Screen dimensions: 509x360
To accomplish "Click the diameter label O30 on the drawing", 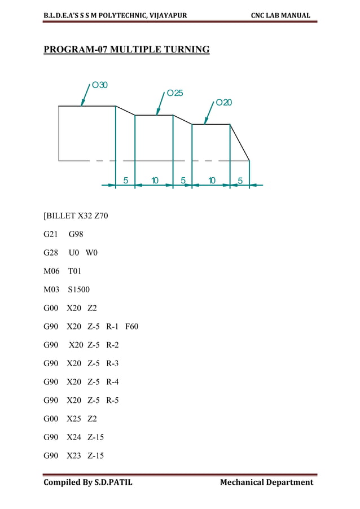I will pos(100,85).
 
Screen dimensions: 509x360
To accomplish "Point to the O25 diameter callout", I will pos(174,93).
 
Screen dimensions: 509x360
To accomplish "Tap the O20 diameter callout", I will pos(223,102).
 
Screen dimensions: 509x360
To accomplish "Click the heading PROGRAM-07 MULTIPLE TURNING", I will pos(126,50).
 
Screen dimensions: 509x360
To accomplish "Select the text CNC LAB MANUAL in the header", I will pos(280,15).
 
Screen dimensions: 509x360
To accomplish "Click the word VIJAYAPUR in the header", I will pos(161,15).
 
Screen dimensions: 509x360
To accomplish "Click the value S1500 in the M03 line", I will pos(78,290).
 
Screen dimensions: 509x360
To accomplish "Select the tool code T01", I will pos(74,271).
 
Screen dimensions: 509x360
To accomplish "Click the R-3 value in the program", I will pos(112,363).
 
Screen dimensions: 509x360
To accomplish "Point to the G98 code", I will pos(76,235).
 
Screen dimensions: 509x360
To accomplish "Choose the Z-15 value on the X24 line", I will pos(96,437).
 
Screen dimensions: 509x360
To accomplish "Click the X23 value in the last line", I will pos(74,455).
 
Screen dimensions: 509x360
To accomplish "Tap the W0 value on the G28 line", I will pos(91,253).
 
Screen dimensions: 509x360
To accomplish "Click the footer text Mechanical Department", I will pos(266,482).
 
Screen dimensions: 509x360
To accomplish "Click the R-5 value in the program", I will pos(112,400).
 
